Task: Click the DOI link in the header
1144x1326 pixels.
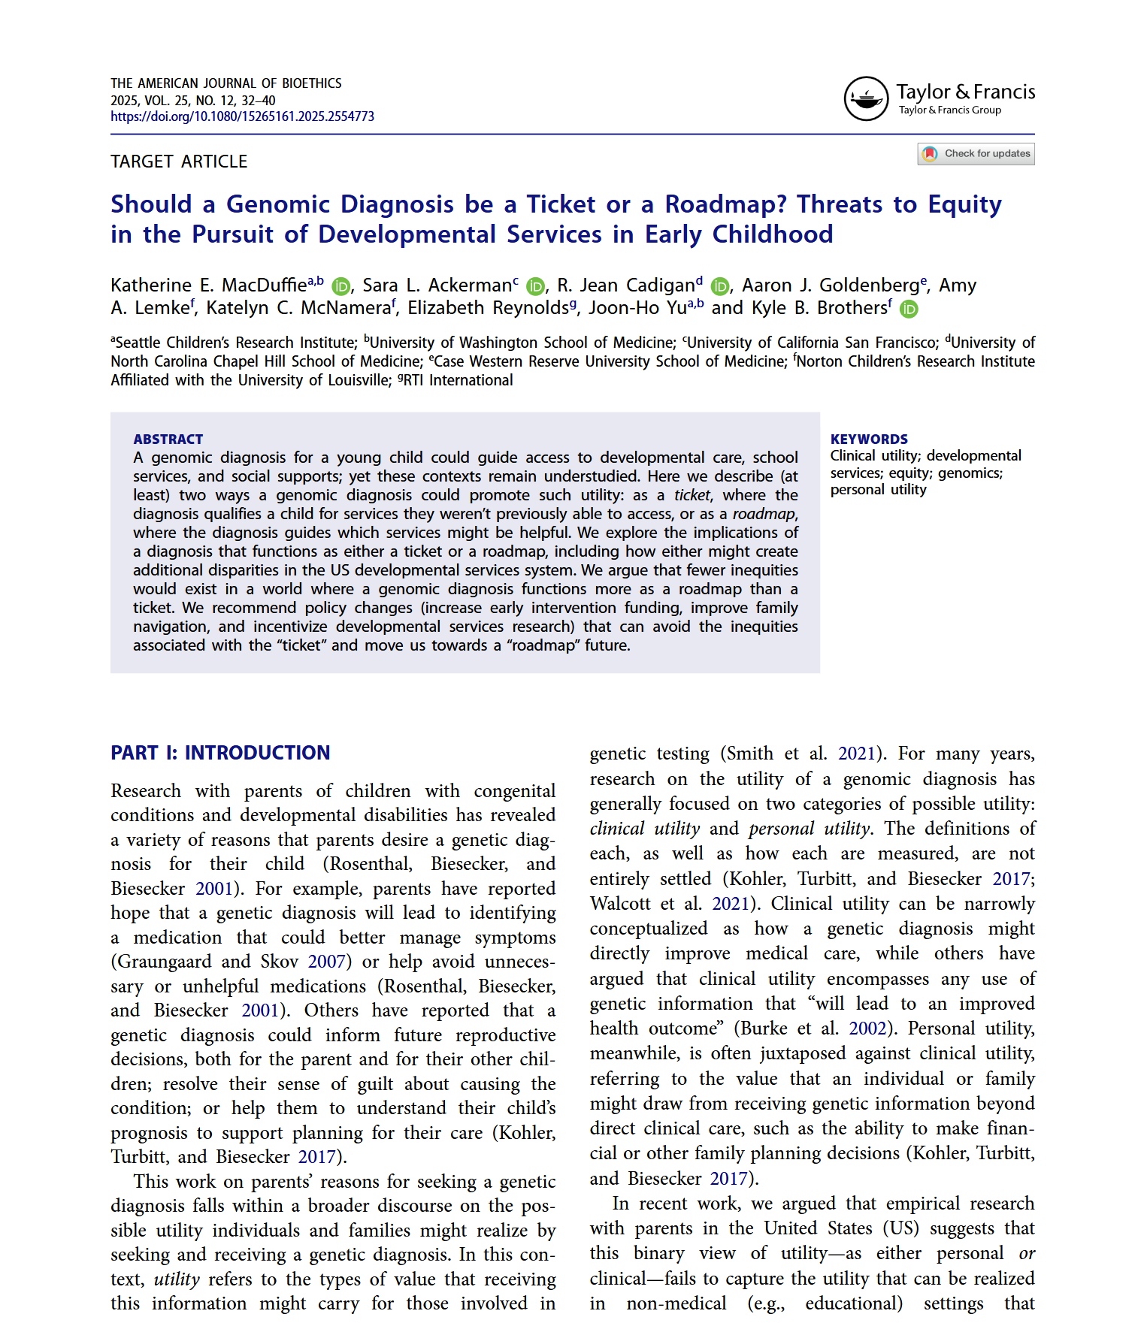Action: pyautogui.click(x=242, y=116)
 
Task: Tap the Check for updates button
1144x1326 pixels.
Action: pyautogui.click(x=976, y=154)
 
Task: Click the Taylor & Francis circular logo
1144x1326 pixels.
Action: pyautogui.click(x=866, y=98)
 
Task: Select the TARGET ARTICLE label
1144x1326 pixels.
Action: pyautogui.click(x=179, y=162)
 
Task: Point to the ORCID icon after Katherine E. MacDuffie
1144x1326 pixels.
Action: pyautogui.click(x=341, y=286)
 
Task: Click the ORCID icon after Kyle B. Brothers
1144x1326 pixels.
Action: pyautogui.click(x=909, y=309)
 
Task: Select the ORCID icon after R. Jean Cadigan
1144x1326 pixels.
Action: pyautogui.click(x=720, y=286)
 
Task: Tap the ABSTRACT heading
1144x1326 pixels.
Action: pyautogui.click(x=168, y=439)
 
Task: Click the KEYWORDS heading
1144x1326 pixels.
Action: pyautogui.click(x=869, y=439)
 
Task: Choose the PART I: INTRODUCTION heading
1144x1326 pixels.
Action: pyautogui.click(x=220, y=753)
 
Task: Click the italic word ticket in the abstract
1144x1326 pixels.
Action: pyautogui.click(x=692, y=495)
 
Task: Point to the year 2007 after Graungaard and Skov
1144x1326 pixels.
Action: pyautogui.click(x=326, y=962)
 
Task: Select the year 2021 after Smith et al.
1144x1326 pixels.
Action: pyautogui.click(x=857, y=754)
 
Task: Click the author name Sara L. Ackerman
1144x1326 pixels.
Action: pyautogui.click(x=437, y=285)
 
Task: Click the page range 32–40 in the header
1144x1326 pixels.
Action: pyautogui.click(x=258, y=101)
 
